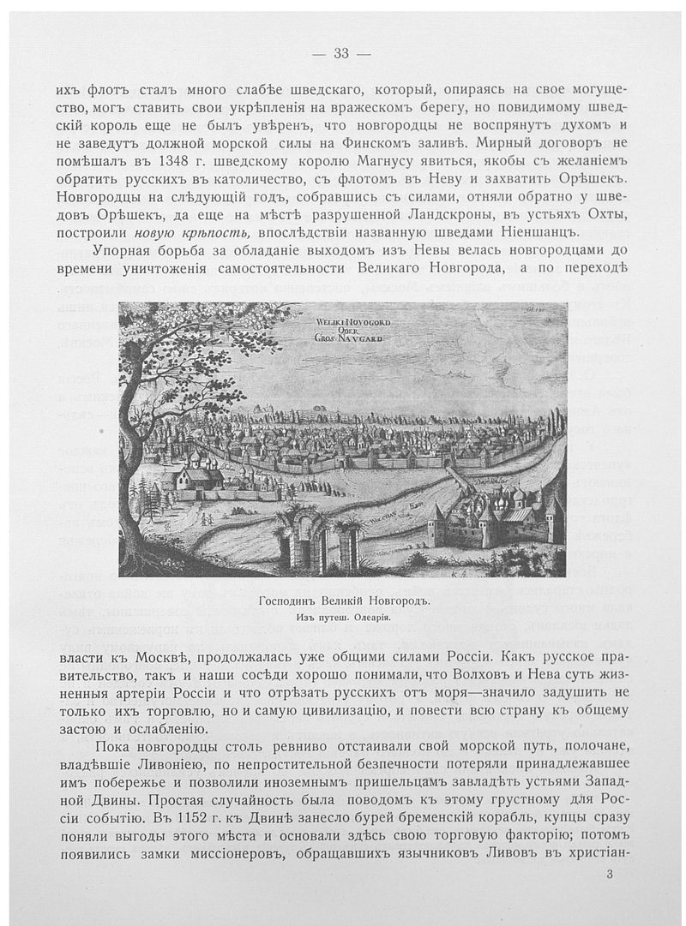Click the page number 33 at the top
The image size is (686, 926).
pos(341,54)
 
